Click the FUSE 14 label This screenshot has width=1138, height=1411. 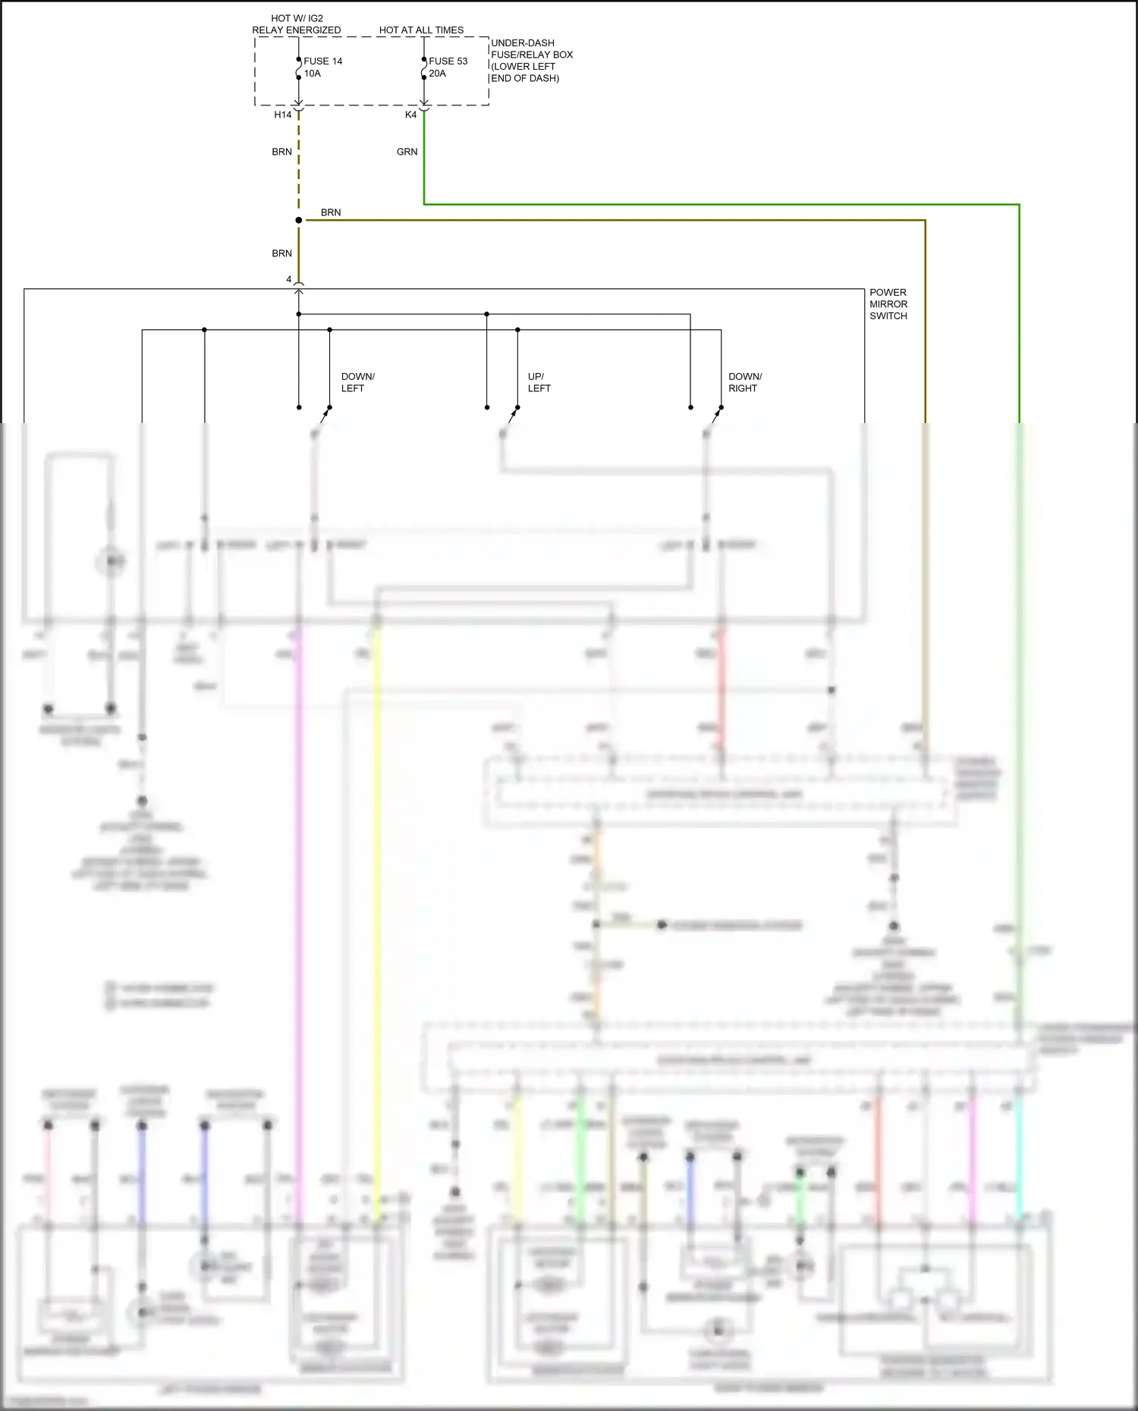pos(322,61)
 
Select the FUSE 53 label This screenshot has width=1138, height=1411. pos(448,61)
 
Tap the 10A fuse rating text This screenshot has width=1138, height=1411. pos(313,74)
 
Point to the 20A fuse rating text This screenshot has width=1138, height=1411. pos(437,74)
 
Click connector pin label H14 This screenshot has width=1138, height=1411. pos(282,114)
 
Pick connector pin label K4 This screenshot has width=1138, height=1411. pos(410,114)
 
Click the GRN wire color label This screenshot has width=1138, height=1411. pos(407,152)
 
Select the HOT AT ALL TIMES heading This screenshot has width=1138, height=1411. pos(421,30)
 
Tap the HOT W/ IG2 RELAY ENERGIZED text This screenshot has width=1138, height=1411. pos(297,24)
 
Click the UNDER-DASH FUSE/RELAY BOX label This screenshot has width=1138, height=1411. pos(531,61)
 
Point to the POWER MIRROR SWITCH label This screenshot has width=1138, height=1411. pos(888,304)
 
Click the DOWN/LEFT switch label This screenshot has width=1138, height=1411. pos(357,382)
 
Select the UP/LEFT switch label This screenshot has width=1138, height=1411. pos(539,382)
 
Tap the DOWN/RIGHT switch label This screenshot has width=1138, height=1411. pos(745,382)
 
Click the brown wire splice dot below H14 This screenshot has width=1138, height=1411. pos(299,220)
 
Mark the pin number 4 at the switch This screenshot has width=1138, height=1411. pos(288,279)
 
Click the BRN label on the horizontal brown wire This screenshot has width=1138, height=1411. pos(331,212)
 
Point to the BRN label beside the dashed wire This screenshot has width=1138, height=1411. pos(281,152)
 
